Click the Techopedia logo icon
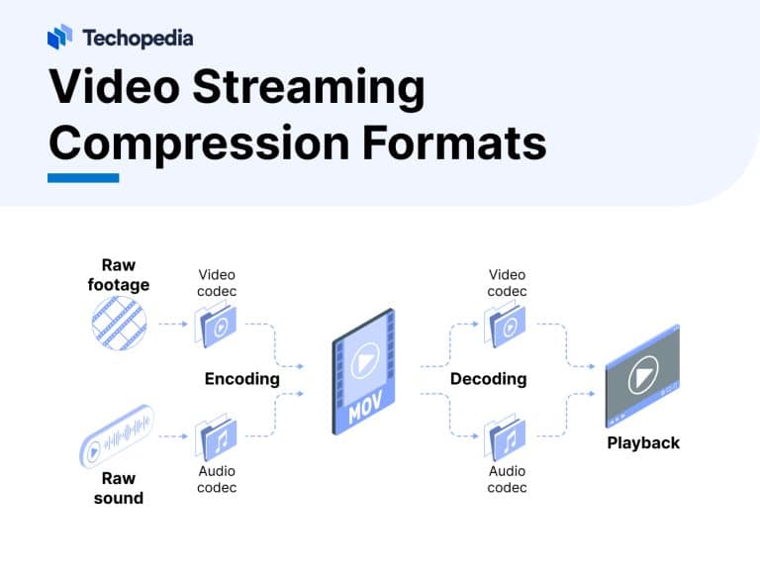point(59,38)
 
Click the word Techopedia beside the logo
point(138,39)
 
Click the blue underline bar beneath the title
point(83,178)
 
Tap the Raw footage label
point(118,274)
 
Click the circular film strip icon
point(118,324)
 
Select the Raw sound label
point(118,489)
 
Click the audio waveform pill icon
point(117,436)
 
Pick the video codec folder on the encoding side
point(216,325)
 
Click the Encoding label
point(241,379)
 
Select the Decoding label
point(488,379)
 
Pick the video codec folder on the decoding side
point(506,325)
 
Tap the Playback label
point(643,442)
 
